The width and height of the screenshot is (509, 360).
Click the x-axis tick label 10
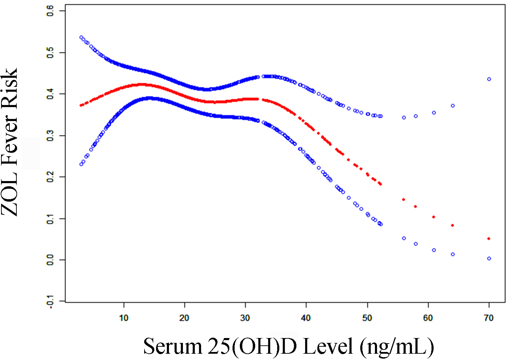point(124,318)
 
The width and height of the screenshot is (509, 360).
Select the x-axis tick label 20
point(184,318)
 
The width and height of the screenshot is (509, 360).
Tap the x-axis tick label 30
point(245,318)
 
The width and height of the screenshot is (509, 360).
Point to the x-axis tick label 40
point(306,318)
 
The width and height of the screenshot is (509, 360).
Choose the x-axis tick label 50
point(367,318)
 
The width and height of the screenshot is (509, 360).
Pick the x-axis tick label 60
point(428,318)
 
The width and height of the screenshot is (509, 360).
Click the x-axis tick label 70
point(489,318)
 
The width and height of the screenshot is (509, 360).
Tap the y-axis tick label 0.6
point(50,11)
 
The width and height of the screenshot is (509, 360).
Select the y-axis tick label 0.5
point(50,53)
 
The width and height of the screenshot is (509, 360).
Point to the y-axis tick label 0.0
point(50,260)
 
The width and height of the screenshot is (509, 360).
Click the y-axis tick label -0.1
point(50,301)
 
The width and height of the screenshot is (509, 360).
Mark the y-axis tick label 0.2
point(50,177)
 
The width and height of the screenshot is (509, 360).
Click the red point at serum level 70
point(489,239)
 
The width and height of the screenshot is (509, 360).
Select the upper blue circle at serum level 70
point(489,79)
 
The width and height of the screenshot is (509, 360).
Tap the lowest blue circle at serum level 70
point(489,258)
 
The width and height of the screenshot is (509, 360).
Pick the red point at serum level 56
point(404,200)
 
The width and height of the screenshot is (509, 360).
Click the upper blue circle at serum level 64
point(453,106)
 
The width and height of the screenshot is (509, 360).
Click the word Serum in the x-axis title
point(173,346)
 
